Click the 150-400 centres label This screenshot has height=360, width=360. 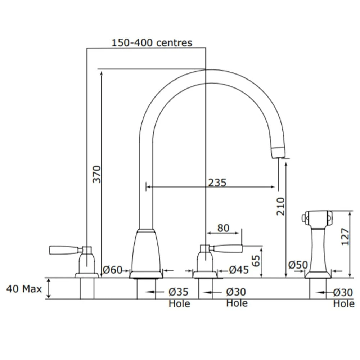[152, 43]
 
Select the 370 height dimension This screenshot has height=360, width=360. [96, 174]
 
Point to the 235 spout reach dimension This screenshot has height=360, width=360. [217, 183]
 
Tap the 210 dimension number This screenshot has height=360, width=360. [280, 206]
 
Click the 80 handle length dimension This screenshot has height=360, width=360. [223, 228]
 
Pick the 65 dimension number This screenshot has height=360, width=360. [256, 261]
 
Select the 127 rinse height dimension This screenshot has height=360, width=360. [345, 237]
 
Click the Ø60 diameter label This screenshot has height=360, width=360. [112, 270]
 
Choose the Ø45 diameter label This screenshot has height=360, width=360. [239, 270]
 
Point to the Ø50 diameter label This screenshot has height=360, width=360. [298, 265]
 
